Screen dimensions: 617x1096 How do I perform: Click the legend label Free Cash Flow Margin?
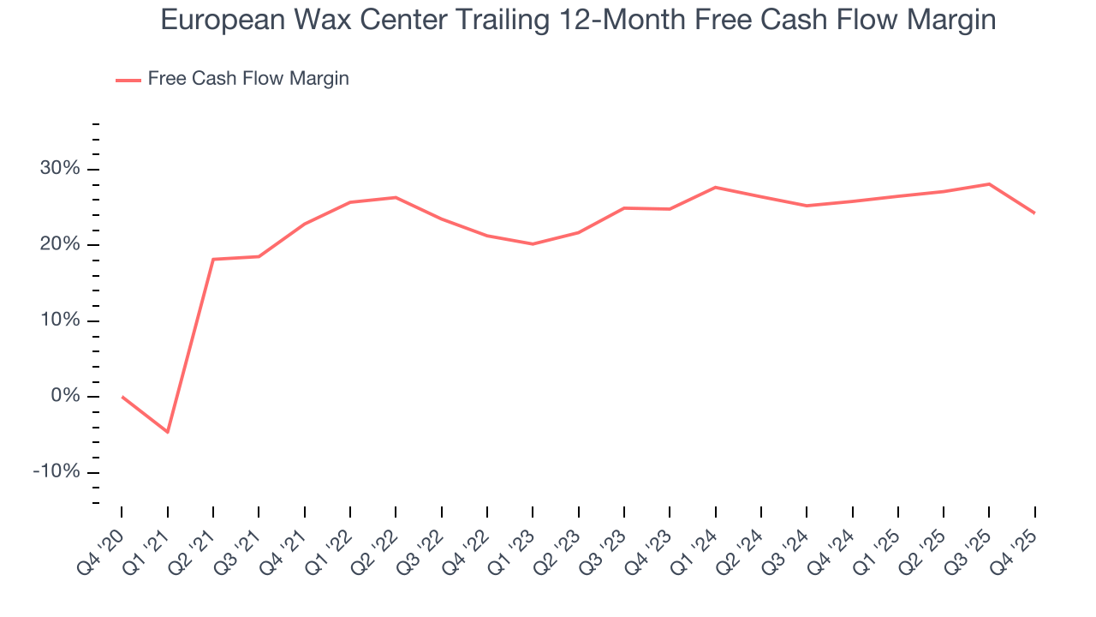(x=248, y=79)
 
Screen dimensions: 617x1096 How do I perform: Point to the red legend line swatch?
(x=128, y=80)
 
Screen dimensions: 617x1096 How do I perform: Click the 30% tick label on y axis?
(x=60, y=169)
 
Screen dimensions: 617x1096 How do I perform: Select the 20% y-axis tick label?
(x=60, y=245)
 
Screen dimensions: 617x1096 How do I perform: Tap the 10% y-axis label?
(x=60, y=320)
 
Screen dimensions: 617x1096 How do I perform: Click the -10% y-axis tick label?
(x=57, y=472)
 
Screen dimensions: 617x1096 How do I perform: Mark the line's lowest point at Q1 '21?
(x=167, y=432)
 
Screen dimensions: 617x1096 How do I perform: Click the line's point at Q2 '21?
(x=213, y=259)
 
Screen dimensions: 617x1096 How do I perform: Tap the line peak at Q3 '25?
(x=989, y=183)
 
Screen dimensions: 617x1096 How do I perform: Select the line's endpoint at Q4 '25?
(x=1034, y=213)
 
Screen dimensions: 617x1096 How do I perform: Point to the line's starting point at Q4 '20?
(x=122, y=397)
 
